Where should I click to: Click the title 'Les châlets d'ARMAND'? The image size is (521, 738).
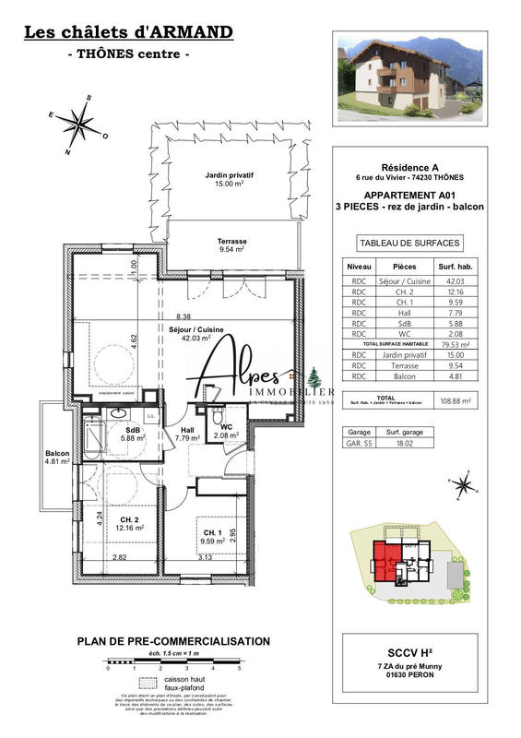[x=127, y=33]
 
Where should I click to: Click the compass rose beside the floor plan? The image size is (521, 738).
[x=82, y=123]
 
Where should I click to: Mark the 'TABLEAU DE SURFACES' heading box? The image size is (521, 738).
[x=409, y=244]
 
